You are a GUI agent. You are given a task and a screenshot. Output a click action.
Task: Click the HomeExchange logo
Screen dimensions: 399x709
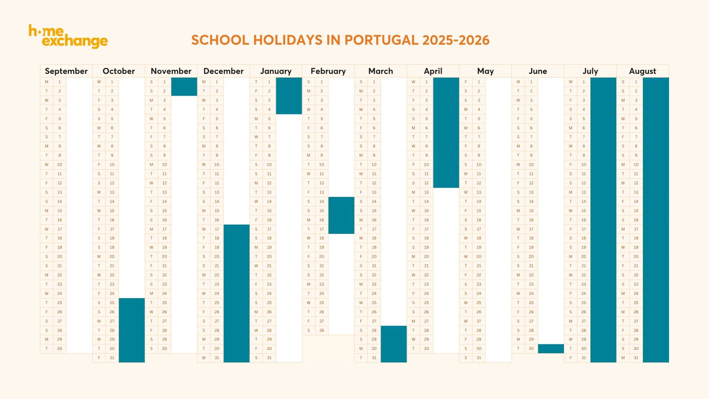(68, 37)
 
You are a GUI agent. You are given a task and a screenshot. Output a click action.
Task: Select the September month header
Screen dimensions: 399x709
(66, 71)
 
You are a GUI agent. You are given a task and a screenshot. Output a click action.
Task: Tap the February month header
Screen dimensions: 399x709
(328, 71)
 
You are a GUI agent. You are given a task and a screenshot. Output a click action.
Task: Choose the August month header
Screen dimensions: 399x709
(643, 71)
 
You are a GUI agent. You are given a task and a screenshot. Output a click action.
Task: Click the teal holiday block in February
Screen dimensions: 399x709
(341, 215)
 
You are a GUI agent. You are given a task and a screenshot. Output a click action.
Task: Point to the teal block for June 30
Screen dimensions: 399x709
(551, 348)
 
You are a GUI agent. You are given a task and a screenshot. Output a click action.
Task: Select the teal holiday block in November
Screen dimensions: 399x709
(184, 86)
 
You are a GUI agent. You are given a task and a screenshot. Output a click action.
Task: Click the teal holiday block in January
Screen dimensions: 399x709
(289, 96)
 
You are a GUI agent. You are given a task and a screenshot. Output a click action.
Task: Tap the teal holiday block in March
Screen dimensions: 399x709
(394, 344)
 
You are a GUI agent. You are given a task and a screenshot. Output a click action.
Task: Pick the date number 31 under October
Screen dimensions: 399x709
(112, 358)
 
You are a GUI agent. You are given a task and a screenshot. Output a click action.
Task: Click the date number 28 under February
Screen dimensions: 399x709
(322, 330)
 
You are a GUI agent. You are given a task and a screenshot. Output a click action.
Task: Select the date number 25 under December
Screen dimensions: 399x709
(217, 303)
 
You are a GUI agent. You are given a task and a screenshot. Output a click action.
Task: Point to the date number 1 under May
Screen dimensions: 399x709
(479, 82)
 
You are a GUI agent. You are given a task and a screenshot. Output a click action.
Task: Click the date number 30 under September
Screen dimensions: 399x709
(59, 348)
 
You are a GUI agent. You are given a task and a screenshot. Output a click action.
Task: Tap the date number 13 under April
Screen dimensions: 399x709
(426, 192)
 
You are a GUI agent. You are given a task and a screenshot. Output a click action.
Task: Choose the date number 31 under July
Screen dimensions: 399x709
(583, 358)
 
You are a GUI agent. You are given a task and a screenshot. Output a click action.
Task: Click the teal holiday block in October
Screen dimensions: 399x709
(131, 330)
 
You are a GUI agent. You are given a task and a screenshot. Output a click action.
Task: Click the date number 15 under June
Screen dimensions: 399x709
(531, 211)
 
